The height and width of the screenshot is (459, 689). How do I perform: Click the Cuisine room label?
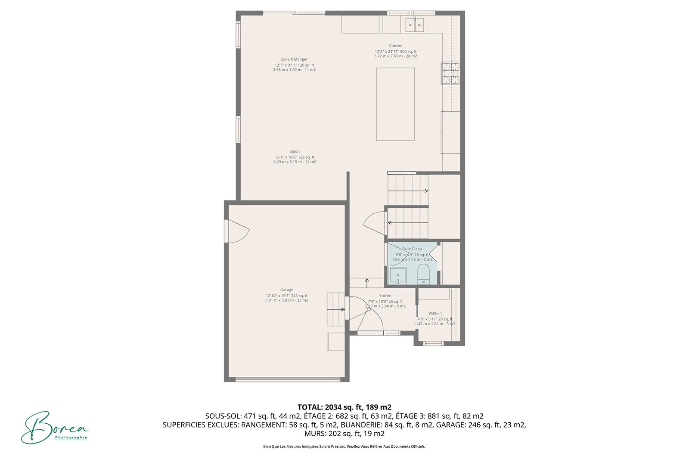(395, 46)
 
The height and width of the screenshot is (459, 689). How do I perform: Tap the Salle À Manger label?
(294, 59)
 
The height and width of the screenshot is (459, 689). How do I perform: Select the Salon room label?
(295, 151)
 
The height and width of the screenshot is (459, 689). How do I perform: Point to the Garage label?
(286, 290)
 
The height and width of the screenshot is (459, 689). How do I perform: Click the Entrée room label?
(385, 296)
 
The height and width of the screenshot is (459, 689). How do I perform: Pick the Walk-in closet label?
(435, 313)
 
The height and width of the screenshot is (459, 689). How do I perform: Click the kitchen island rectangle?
(395, 105)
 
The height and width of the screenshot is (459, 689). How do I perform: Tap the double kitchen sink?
(415, 25)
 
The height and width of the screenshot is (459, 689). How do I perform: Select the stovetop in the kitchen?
(450, 73)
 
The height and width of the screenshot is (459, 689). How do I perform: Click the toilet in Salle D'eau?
(423, 274)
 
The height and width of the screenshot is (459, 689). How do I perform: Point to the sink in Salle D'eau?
(397, 276)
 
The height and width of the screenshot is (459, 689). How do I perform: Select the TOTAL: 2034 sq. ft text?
(331, 407)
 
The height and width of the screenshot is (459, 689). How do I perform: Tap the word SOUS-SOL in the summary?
(223, 416)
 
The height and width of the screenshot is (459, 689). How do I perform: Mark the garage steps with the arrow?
(335, 309)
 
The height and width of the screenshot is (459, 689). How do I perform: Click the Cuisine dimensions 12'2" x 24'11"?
(387, 52)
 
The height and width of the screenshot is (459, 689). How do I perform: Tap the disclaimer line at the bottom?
(344, 447)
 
